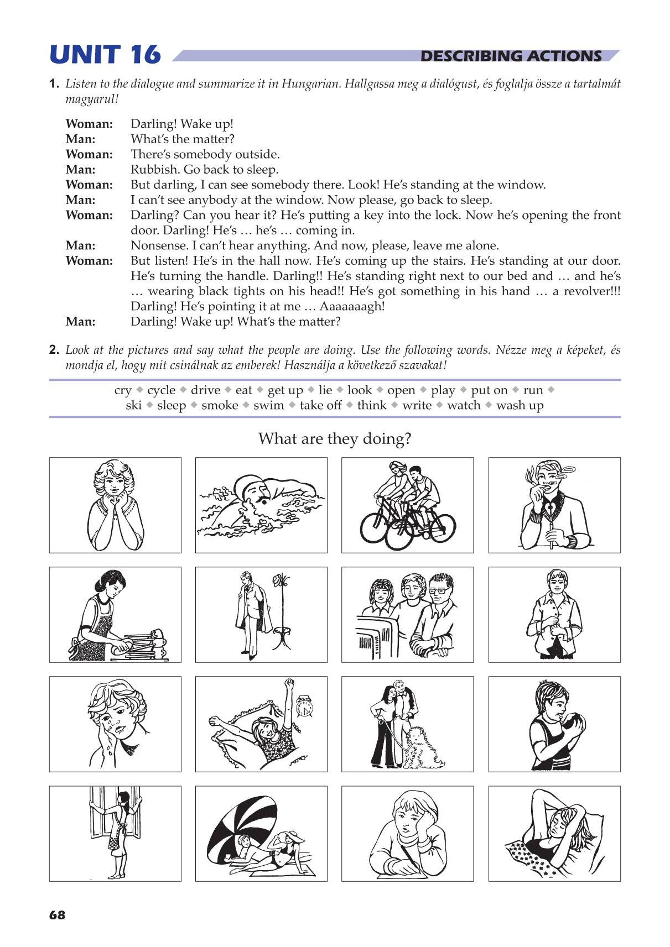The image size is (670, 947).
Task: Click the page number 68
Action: click(57, 915)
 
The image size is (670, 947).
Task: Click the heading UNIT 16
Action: click(105, 55)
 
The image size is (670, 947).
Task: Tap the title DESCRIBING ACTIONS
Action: click(511, 56)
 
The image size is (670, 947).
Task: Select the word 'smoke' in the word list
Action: click(220, 405)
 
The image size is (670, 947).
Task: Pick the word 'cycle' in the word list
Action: click(161, 390)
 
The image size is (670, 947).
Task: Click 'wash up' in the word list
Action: click(520, 405)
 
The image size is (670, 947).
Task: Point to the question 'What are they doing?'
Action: click(335, 438)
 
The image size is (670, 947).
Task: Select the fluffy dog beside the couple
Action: click(424, 748)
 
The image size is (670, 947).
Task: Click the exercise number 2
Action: click(54, 350)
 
